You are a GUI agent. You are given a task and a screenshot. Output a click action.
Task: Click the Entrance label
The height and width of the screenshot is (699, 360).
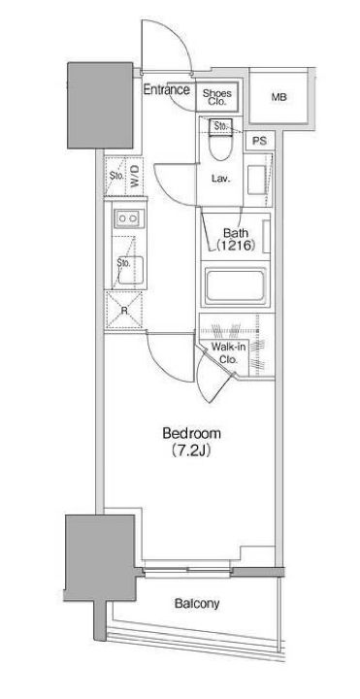point(166,89)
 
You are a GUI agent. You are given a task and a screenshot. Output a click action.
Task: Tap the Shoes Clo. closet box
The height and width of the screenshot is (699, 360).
point(217,97)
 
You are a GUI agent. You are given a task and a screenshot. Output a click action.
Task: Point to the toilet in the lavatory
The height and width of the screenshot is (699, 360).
point(219,140)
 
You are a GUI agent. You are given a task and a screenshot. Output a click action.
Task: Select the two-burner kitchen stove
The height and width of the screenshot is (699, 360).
point(129,218)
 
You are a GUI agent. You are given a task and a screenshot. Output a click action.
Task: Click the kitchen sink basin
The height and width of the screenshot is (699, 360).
point(129,270)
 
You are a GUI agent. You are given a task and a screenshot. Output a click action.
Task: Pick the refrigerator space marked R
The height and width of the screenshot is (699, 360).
point(124,311)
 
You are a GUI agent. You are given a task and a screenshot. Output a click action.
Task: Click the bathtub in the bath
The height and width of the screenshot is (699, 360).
point(235,285)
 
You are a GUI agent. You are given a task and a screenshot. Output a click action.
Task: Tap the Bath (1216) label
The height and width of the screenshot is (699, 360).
point(236,240)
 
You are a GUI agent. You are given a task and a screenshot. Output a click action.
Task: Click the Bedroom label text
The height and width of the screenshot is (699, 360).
point(191,433)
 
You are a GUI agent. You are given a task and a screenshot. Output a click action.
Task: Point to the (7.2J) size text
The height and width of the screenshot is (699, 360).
point(191,451)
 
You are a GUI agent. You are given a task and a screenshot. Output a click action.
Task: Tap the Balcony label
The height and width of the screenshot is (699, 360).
point(197,604)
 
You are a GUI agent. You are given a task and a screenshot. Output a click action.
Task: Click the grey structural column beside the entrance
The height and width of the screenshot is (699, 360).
point(100,105)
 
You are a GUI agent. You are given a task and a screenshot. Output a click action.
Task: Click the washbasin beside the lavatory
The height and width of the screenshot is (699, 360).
point(256,180)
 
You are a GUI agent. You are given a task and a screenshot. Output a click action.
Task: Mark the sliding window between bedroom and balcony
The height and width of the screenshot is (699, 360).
point(187,571)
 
